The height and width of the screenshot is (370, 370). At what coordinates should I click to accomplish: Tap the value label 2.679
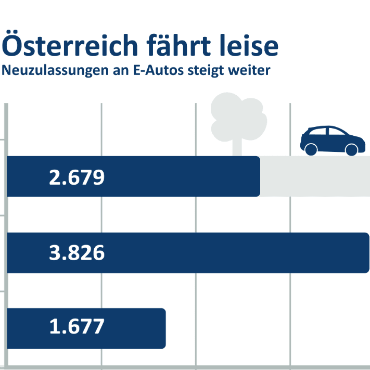(x=77, y=177)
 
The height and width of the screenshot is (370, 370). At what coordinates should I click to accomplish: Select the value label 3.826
(x=77, y=253)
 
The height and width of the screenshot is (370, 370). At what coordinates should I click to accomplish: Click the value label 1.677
(x=77, y=327)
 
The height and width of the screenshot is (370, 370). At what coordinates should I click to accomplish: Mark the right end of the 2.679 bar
(x=259, y=176)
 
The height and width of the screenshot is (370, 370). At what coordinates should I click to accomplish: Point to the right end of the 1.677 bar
(x=164, y=328)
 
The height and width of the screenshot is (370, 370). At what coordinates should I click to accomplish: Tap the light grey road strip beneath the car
(x=314, y=176)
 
